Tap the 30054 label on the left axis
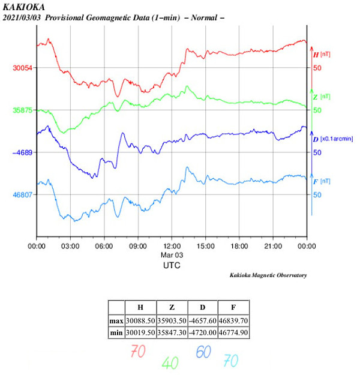click(x=23, y=68)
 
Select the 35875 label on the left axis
click(x=23, y=110)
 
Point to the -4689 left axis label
click(x=23, y=152)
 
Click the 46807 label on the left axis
click(x=23, y=195)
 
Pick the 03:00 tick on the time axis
click(x=71, y=246)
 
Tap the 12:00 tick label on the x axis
click(x=172, y=246)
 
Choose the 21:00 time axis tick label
click(x=273, y=246)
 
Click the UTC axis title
click(x=172, y=265)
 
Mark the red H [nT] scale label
click(x=322, y=55)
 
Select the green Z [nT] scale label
click(x=322, y=97)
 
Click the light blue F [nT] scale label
click(x=322, y=181)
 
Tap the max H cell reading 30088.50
click(x=140, y=321)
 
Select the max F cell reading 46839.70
click(x=233, y=321)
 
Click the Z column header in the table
click(x=172, y=307)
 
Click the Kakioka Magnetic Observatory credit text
click(x=268, y=275)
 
